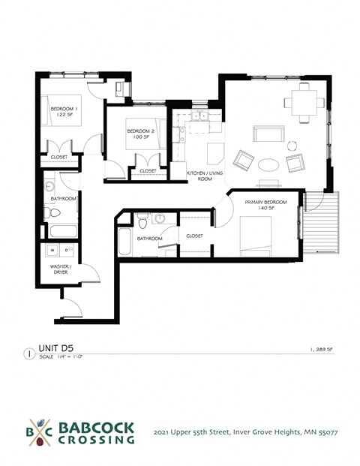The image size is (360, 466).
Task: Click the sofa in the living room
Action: click(268, 134)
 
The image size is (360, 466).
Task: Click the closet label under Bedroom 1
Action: click(58, 157)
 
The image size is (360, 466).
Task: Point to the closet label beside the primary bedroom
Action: click(194, 235)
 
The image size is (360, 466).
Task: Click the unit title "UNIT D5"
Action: click(58, 347)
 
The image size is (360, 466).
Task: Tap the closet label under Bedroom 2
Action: click(148, 172)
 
